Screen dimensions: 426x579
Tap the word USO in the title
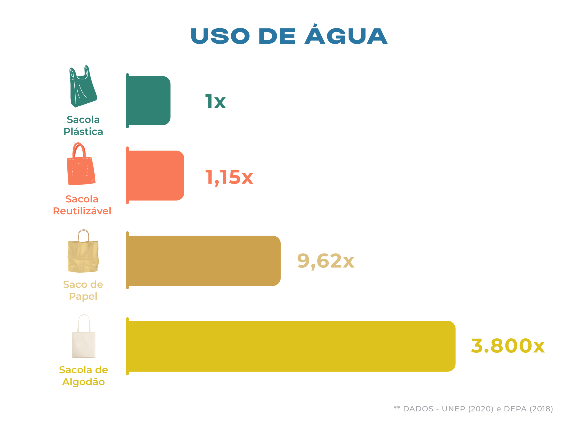(220, 36)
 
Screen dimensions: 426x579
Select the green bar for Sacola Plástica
(149, 101)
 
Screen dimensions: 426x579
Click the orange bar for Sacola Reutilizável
(155, 176)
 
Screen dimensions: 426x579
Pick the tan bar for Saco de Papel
(204, 261)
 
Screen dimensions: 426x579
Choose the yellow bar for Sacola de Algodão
(291, 346)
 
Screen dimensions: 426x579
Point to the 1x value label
(215, 101)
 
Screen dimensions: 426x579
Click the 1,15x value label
(229, 177)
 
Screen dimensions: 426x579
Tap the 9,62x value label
(326, 261)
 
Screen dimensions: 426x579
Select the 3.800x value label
(508, 346)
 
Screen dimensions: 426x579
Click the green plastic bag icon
(83, 86)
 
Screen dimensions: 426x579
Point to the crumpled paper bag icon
(83, 251)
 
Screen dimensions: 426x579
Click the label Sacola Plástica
(83, 126)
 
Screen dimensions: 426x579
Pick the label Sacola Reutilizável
(82, 205)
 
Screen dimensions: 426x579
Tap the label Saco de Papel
(83, 290)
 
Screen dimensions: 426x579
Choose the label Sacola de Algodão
(83, 376)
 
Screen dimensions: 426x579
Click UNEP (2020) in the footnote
(467, 409)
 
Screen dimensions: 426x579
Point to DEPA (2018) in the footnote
(528, 409)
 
